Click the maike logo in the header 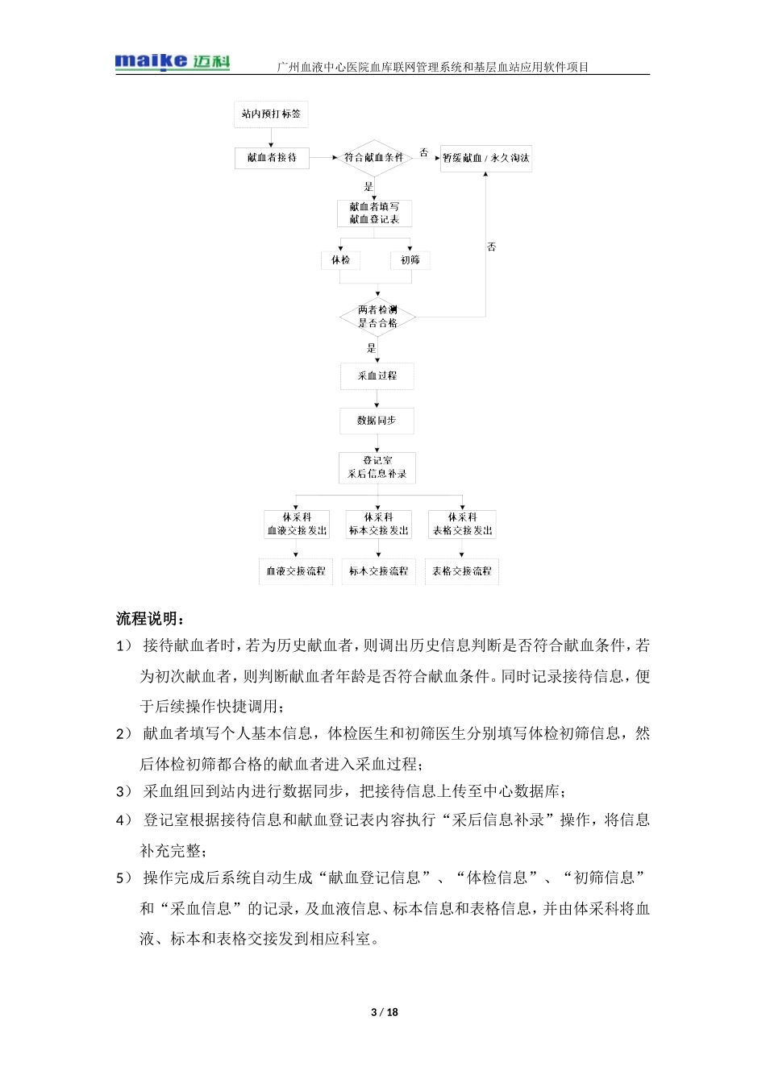(x=173, y=61)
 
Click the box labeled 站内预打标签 (x=271, y=114)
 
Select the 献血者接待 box (x=272, y=158)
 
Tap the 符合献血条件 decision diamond (x=373, y=158)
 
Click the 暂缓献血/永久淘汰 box (x=485, y=158)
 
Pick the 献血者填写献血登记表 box (x=374, y=213)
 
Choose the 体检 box (x=340, y=260)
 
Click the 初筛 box (x=410, y=260)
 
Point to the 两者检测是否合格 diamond (x=377, y=317)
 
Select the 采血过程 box (x=377, y=376)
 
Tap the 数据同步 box (x=377, y=421)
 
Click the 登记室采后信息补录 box (x=377, y=467)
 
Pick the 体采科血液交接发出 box (x=297, y=524)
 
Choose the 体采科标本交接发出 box (x=378, y=524)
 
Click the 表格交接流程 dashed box (x=461, y=571)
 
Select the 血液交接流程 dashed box (x=296, y=571)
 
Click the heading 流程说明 (x=151, y=619)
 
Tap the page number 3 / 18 (x=384, y=1012)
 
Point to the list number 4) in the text (x=123, y=820)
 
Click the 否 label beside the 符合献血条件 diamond (x=424, y=152)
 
